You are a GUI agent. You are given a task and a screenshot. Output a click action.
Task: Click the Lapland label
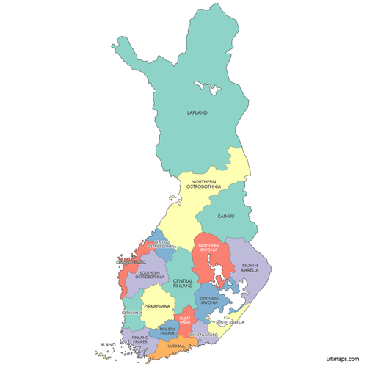click(x=197, y=113)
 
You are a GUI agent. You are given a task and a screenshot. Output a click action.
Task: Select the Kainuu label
click(x=226, y=217)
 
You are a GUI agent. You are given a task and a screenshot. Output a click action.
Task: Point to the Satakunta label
click(x=132, y=313)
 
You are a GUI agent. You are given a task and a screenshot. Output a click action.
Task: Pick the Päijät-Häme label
click(x=185, y=321)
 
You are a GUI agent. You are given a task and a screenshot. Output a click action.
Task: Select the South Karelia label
click(x=230, y=321)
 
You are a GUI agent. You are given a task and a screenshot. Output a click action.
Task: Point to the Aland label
click(x=108, y=344)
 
